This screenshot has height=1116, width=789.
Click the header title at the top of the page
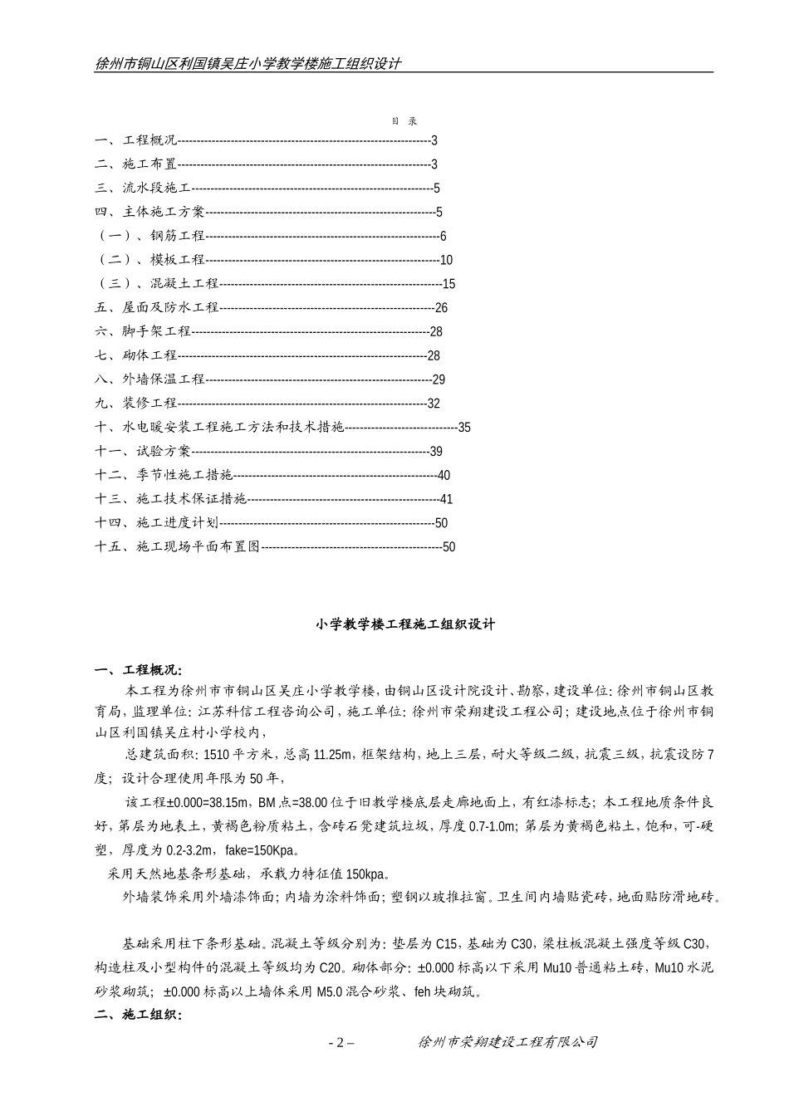coord(248,64)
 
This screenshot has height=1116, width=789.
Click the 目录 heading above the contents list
coord(404,121)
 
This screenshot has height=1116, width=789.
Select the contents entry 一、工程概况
coord(136,140)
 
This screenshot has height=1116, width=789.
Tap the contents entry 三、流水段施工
coord(143,188)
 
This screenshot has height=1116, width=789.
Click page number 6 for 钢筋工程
coord(443,237)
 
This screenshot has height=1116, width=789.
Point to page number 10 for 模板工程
coord(446,261)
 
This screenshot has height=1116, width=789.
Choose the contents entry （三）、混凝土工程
coord(157,284)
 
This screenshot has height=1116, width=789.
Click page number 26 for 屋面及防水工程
coord(441,308)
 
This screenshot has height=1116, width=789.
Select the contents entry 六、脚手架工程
coord(143,332)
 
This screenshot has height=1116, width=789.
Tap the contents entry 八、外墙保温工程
coord(150,379)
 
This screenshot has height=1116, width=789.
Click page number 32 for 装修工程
coord(434,404)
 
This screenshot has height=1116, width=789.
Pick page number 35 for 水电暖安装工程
coord(464,428)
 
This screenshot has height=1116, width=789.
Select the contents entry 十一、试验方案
coord(143,452)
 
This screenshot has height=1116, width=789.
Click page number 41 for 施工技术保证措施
coord(446,500)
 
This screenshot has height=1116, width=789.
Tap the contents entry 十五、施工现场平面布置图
coord(178,547)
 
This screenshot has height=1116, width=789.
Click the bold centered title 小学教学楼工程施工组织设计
coord(404,624)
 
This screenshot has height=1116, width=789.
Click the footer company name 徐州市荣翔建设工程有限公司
coord(507,1042)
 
